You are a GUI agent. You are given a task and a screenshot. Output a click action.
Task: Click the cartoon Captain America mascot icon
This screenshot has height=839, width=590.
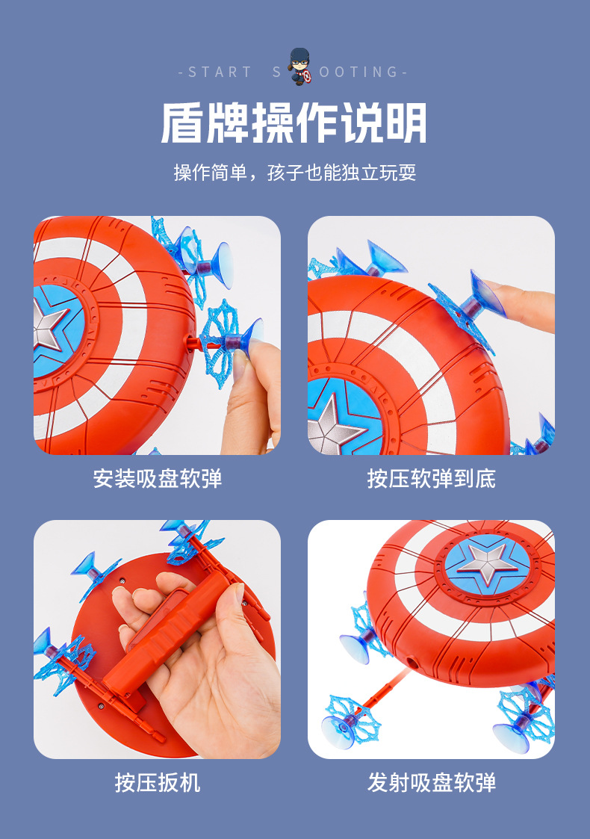[299, 67]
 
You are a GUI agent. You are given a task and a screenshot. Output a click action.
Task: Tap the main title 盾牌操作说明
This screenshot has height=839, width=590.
[294, 123]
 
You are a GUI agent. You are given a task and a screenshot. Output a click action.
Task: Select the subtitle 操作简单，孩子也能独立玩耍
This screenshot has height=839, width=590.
[294, 173]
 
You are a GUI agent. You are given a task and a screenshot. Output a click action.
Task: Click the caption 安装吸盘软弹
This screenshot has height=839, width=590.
[157, 478]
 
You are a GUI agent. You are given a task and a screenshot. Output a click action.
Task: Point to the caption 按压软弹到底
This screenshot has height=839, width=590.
[431, 478]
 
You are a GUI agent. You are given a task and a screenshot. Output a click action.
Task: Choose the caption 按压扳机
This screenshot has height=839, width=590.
[157, 782]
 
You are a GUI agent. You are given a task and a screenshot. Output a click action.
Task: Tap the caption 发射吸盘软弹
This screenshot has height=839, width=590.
[431, 782]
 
